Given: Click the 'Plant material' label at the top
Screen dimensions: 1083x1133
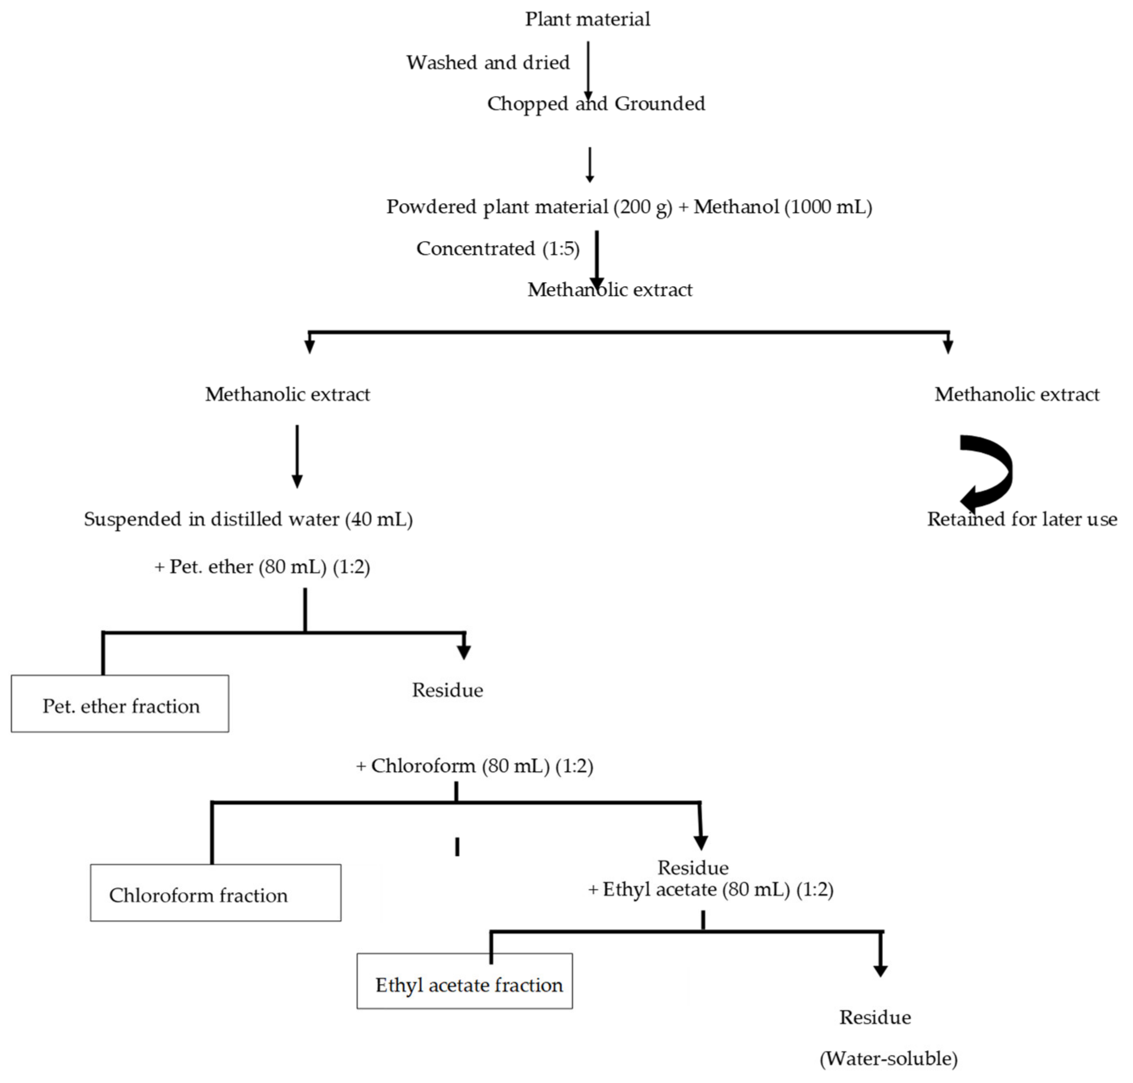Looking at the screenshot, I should (587, 19).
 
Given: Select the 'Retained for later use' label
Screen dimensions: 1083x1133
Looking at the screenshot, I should (1021, 519).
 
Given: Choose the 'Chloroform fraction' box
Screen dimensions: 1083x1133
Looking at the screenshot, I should (215, 894).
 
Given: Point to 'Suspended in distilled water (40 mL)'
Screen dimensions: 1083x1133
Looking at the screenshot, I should (248, 519).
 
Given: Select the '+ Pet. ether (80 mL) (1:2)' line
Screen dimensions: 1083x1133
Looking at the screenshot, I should (262, 566).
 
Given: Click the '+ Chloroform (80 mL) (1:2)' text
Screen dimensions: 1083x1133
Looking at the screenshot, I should (474, 766).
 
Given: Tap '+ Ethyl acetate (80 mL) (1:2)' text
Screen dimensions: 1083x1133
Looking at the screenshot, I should (710, 889).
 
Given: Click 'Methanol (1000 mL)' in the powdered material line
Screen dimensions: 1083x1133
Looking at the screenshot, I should (782, 207).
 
